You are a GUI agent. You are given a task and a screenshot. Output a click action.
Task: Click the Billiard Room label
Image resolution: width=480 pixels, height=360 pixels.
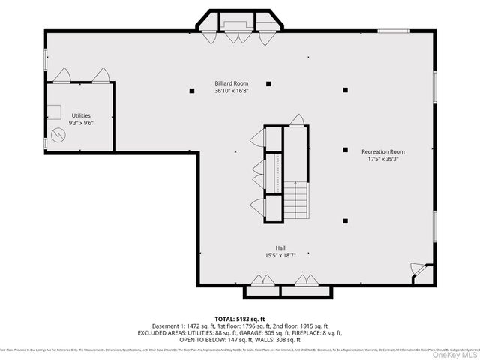coord(231,83)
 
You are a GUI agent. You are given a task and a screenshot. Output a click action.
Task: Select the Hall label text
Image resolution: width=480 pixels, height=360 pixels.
coord(280,247)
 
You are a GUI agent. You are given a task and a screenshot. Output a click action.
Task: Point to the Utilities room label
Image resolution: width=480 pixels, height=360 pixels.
coord(81,115)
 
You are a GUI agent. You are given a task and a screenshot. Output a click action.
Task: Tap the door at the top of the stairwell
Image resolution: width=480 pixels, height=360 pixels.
coord(298,121)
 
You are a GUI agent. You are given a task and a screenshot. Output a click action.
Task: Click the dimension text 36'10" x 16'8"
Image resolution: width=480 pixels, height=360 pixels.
coord(231,91)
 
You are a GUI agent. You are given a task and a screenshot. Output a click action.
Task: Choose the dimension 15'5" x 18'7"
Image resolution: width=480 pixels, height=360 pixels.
coord(280,255)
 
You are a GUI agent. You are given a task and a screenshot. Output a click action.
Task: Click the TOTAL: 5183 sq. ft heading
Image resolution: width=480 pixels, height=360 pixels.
coord(241,318)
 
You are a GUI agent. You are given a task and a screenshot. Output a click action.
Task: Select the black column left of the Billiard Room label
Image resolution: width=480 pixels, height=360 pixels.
coord(190,91)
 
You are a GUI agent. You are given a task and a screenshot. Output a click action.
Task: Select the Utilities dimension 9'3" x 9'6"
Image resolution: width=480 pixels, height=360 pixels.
coord(81,123)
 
